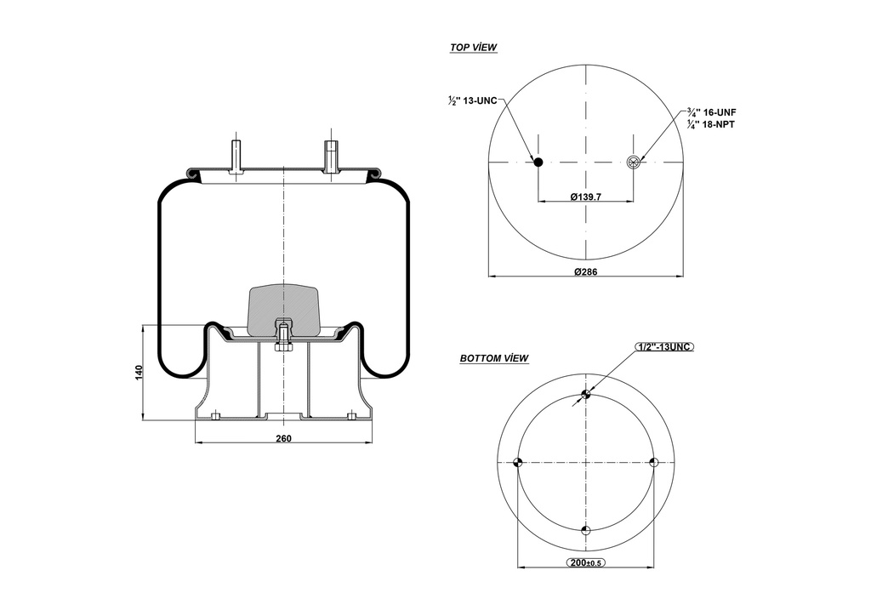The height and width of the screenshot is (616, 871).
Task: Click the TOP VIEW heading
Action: (x=473, y=48)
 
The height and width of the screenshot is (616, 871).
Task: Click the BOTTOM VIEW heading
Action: (x=494, y=358)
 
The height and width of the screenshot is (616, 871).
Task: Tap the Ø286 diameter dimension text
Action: (x=585, y=271)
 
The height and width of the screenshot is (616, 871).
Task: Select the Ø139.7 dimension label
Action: (x=585, y=197)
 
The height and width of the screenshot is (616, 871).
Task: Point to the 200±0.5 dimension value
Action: (x=585, y=563)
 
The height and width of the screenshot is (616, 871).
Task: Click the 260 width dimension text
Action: (x=283, y=438)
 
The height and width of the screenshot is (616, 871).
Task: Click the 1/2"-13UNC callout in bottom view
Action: (x=664, y=346)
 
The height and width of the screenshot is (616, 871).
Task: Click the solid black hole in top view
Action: (x=538, y=162)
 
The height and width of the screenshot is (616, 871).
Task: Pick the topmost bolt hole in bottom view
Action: (x=585, y=394)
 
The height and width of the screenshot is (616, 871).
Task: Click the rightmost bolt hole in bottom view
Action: (x=654, y=462)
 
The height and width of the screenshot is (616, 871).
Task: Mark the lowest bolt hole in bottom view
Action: (x=585, y=531)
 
